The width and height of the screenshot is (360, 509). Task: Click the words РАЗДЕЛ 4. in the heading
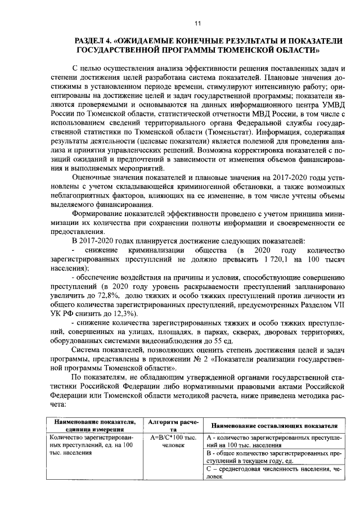coord(94,41)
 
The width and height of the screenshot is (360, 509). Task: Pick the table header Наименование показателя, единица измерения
coord(94,425)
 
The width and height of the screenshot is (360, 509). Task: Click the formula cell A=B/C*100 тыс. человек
coord(169,441)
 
